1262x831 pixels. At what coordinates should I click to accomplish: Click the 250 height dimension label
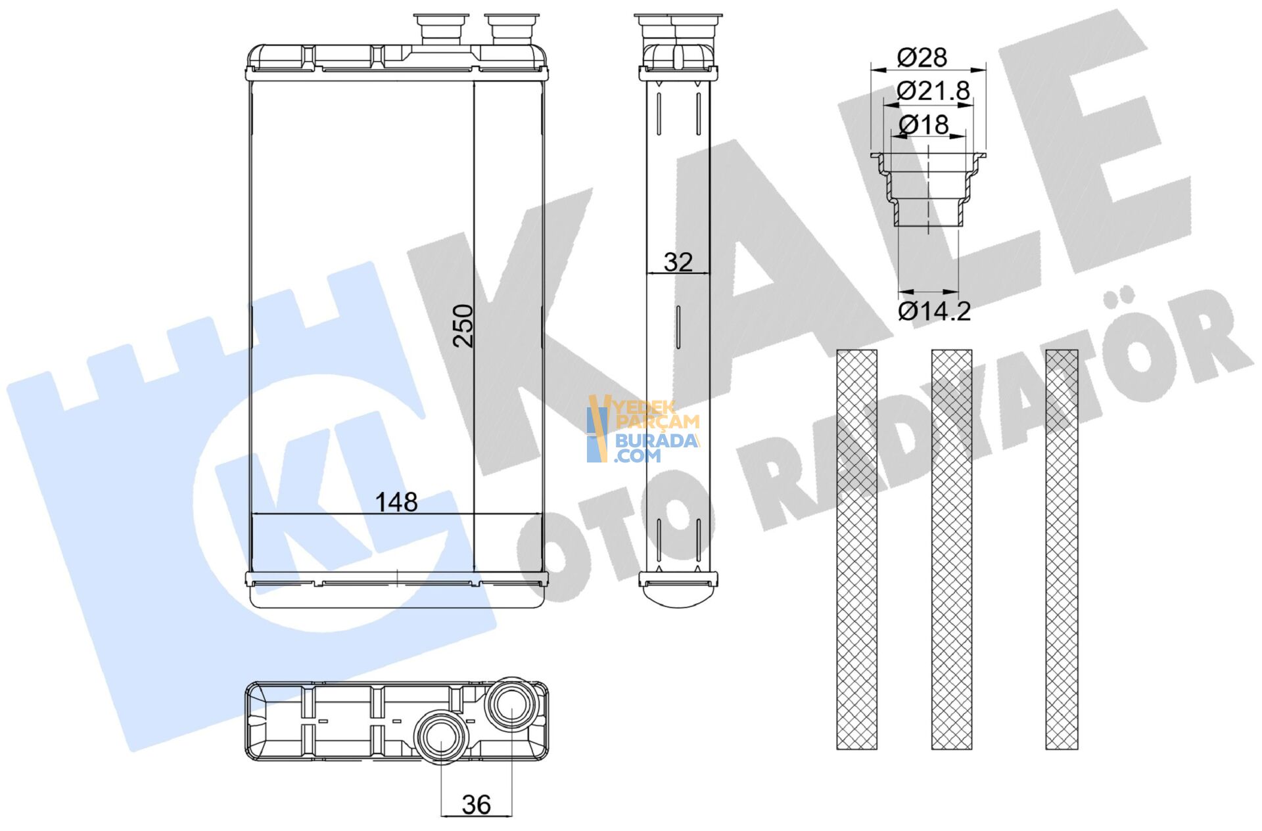[x=463, y=325]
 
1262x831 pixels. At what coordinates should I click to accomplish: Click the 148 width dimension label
[x=396, y=502]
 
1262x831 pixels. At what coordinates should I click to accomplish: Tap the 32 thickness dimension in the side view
[x=678, y=262]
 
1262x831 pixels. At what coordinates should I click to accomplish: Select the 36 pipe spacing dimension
[x=476, y=804]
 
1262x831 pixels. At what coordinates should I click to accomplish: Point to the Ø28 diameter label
[x=922, y=58]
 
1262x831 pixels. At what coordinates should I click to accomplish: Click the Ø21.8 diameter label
[x=933, y=91]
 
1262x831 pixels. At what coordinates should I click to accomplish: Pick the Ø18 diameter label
[x=923, y=124]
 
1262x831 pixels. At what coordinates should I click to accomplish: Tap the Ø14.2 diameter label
[x=934, y=311]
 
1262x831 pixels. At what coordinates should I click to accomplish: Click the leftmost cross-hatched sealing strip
[x=856, y=549]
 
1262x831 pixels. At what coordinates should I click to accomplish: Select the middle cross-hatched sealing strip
[x=951, y=549]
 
